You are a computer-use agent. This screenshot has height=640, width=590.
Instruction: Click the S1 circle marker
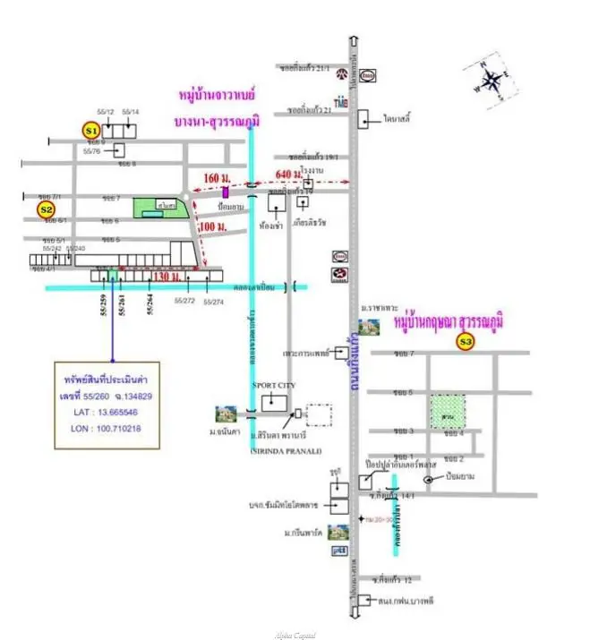90,131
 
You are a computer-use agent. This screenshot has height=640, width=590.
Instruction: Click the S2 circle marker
46,209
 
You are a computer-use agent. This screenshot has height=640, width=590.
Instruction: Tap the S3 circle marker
465,341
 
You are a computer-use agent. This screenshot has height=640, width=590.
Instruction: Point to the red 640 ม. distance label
289,174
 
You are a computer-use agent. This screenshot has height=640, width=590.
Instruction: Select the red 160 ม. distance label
217,177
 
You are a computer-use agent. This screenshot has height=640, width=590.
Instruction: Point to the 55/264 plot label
150,305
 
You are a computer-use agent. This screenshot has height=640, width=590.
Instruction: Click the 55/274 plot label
214,303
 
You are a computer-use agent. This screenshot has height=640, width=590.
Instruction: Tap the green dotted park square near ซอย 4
449,411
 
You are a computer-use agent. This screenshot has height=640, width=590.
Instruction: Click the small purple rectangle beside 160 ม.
227,191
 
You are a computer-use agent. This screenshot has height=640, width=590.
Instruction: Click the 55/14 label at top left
131,112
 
